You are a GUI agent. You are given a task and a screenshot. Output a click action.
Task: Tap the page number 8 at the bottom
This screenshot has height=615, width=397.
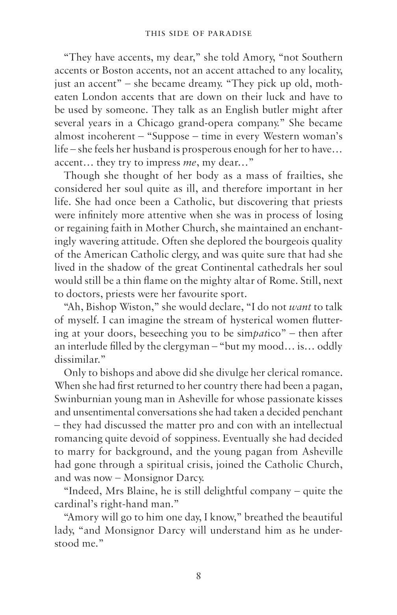(x=198, y=576)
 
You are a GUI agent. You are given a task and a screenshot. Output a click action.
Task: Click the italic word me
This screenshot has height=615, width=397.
(x=190, y=162)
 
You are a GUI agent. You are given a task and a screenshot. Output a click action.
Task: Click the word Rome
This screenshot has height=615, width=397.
(x=285, y=281)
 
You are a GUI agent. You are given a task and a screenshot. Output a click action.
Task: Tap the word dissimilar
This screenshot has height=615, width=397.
(x=76, y=360)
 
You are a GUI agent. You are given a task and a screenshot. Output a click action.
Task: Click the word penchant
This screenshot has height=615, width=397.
(x=322, y=412)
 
